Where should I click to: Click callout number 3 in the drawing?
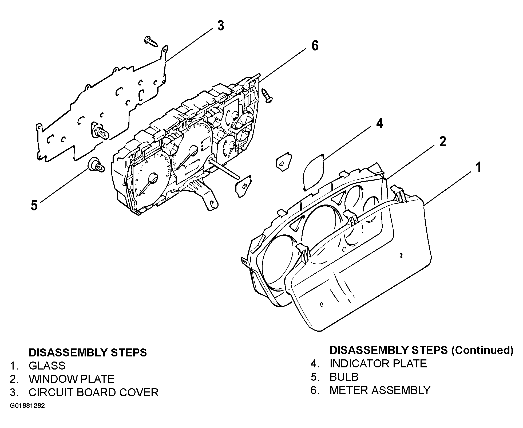(x=220, y=26)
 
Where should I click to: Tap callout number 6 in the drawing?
(x=315, y=46)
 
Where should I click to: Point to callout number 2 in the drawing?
(x=442, y=142)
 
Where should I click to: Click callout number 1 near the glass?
(x=479, y=167)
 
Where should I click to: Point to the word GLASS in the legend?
(x=47, y=366)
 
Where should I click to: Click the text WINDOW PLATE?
(x=72, y=379)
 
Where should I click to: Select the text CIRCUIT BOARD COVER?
(x=93, y=392)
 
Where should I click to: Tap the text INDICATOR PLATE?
(x=378, y=364)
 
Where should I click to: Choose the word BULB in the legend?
(x=344, y=377)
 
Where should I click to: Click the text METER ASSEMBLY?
(x=380, y=390)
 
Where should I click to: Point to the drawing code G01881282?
(x=27, y=406)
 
